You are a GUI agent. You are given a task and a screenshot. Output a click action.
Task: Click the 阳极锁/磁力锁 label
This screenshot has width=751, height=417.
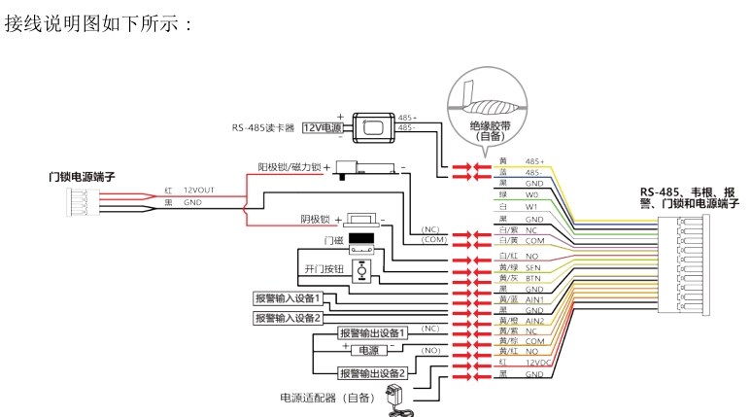282,166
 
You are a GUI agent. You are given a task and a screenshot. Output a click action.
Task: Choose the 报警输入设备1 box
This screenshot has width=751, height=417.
288,297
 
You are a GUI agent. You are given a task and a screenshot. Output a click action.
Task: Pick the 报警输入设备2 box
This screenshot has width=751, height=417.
288,317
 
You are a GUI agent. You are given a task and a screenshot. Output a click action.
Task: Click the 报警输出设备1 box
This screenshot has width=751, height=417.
371,331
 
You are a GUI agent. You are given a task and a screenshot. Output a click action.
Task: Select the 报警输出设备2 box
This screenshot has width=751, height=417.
371,372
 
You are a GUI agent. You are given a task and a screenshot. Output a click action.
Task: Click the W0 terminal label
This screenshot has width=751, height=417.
531,194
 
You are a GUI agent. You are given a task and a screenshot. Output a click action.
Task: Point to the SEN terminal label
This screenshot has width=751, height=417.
533,265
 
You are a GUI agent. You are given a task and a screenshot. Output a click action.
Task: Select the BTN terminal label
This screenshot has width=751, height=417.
533,277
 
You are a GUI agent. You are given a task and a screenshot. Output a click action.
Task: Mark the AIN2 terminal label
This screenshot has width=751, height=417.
535,320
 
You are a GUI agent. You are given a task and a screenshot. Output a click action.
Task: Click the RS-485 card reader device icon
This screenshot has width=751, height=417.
373,126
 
